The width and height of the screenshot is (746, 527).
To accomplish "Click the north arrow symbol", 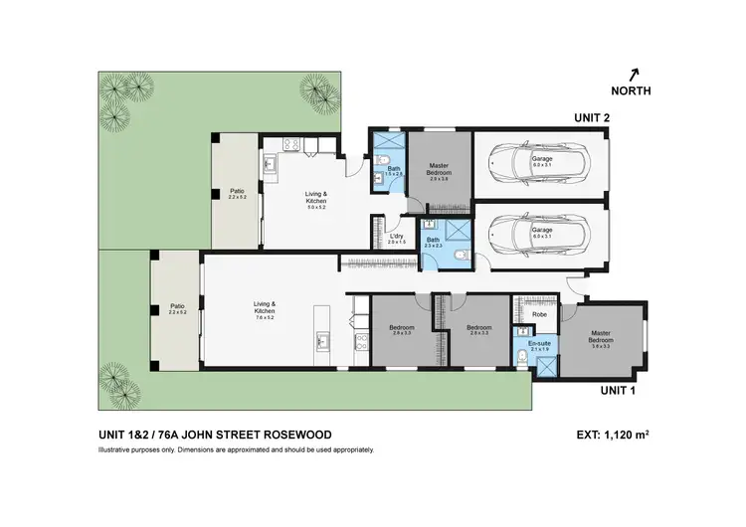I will click(634, 73).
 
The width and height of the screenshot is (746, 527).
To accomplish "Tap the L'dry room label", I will click(397, 236).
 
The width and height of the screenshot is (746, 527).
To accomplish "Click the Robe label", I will click(539, 314).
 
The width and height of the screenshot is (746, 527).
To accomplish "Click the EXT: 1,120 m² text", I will click(614, 435).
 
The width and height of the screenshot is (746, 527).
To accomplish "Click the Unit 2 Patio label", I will click(237, 191).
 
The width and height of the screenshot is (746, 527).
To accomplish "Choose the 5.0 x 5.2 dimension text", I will click(316, 207).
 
